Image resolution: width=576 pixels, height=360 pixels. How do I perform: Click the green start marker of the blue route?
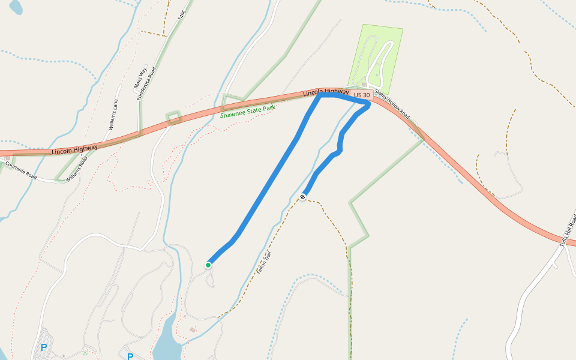point(208,265)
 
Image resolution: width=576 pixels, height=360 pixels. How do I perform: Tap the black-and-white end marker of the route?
point(304,197)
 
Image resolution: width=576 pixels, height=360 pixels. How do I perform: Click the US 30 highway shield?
point(362,95)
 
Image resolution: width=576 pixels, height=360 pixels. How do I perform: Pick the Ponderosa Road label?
point(146,83)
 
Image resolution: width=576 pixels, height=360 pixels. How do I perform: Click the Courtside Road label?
point(21,170)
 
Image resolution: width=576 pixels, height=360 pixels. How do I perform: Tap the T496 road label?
point(182,16)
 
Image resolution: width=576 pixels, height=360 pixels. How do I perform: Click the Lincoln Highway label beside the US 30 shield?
point(325,92)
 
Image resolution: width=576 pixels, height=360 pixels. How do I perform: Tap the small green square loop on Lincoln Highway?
point(173,117)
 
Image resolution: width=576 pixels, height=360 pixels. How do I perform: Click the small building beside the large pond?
point(193,329)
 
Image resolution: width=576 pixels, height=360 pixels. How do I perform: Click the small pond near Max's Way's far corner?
point(15,7)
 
